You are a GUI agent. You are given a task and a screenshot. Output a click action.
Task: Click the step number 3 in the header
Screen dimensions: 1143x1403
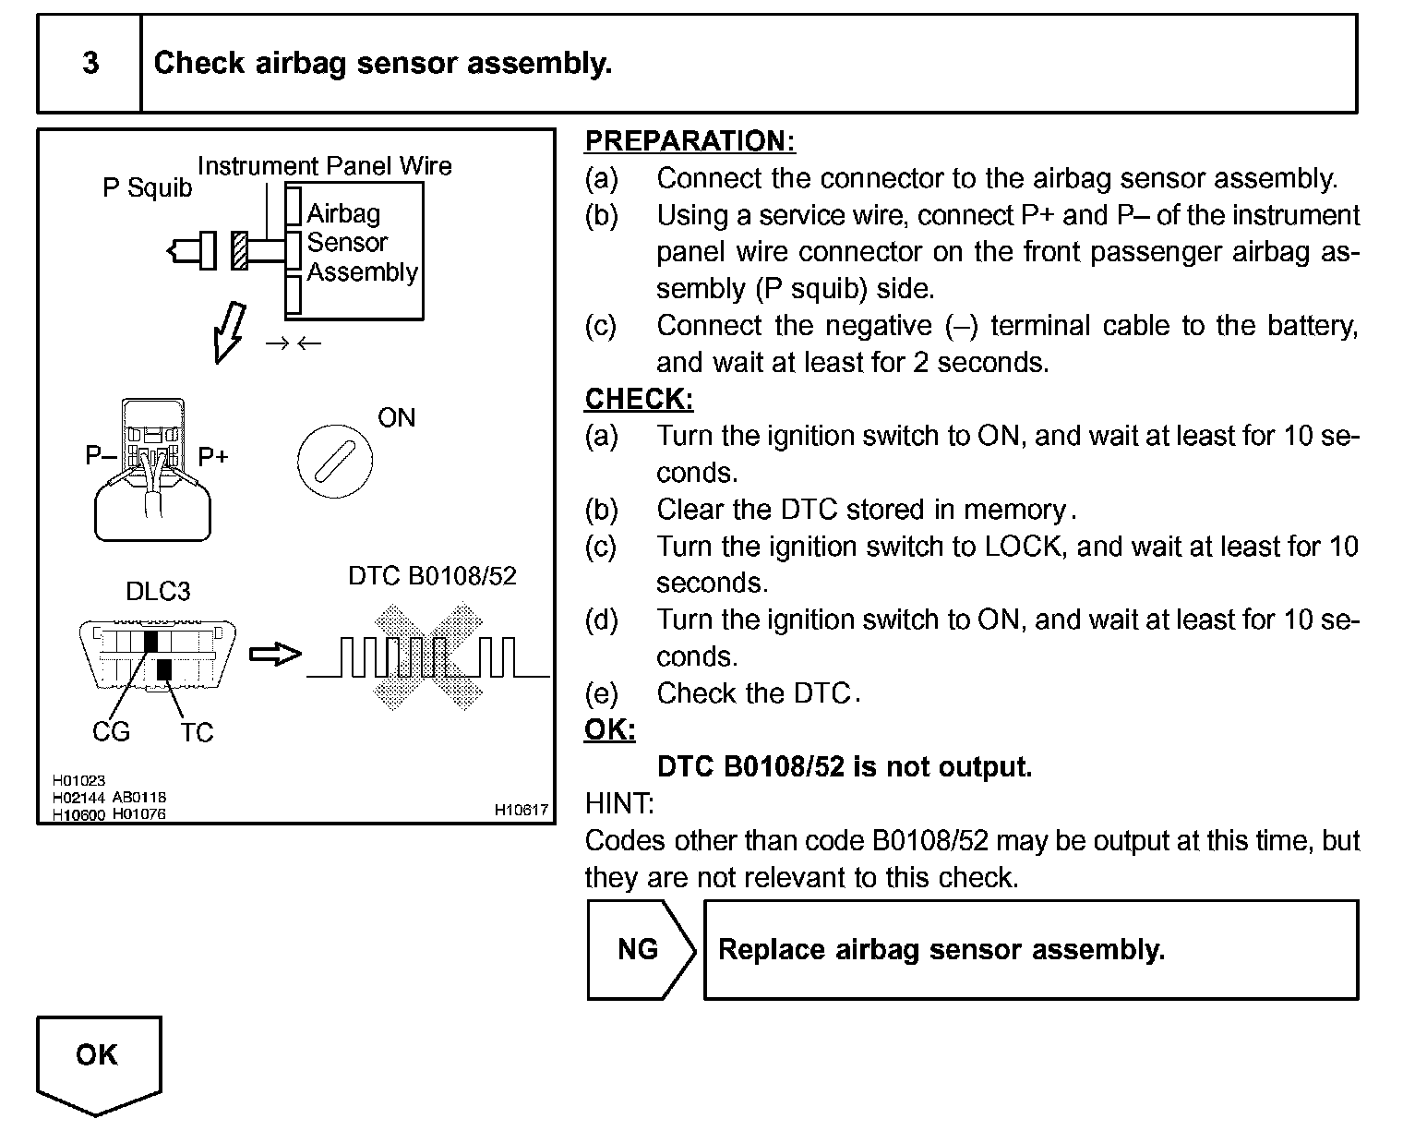point(90,63)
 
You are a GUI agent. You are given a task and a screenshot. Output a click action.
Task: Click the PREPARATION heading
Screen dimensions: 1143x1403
point(690,141)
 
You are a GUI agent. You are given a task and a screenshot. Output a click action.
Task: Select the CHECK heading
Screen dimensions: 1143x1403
point(639,399)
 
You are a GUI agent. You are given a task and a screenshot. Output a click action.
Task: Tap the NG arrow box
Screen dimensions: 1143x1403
point(640,949)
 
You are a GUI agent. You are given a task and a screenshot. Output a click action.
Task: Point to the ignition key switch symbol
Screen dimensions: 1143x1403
point(334,460)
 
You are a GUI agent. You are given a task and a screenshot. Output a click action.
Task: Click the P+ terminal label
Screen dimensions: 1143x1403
point(213,457)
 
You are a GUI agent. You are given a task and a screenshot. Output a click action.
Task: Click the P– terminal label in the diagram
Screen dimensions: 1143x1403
point(100,455)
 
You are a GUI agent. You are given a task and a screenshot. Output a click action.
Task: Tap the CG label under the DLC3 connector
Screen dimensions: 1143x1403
point(111,731)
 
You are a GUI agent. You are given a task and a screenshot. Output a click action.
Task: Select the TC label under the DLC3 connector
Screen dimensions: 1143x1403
point(196,732)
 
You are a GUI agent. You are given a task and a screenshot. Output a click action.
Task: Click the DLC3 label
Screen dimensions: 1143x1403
point(158,591)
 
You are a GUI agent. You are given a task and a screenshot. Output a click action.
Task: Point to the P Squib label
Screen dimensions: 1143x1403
point(147,188)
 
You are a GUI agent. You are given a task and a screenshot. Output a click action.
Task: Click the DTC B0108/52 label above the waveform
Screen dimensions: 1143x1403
point(432,576)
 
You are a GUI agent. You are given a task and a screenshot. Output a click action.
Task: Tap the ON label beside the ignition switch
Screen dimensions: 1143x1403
point(396,418)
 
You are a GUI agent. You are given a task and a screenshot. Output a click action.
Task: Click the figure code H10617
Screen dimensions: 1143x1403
point(521,810)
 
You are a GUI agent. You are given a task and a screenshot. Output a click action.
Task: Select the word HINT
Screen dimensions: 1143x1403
point(618,803)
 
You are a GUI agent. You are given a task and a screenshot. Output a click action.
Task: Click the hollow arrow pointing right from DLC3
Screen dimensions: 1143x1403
point(276,654)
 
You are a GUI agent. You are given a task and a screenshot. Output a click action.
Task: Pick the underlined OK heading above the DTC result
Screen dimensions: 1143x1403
point(610,729)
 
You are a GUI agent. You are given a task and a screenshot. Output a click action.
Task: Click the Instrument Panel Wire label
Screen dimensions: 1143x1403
point(324,166)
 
